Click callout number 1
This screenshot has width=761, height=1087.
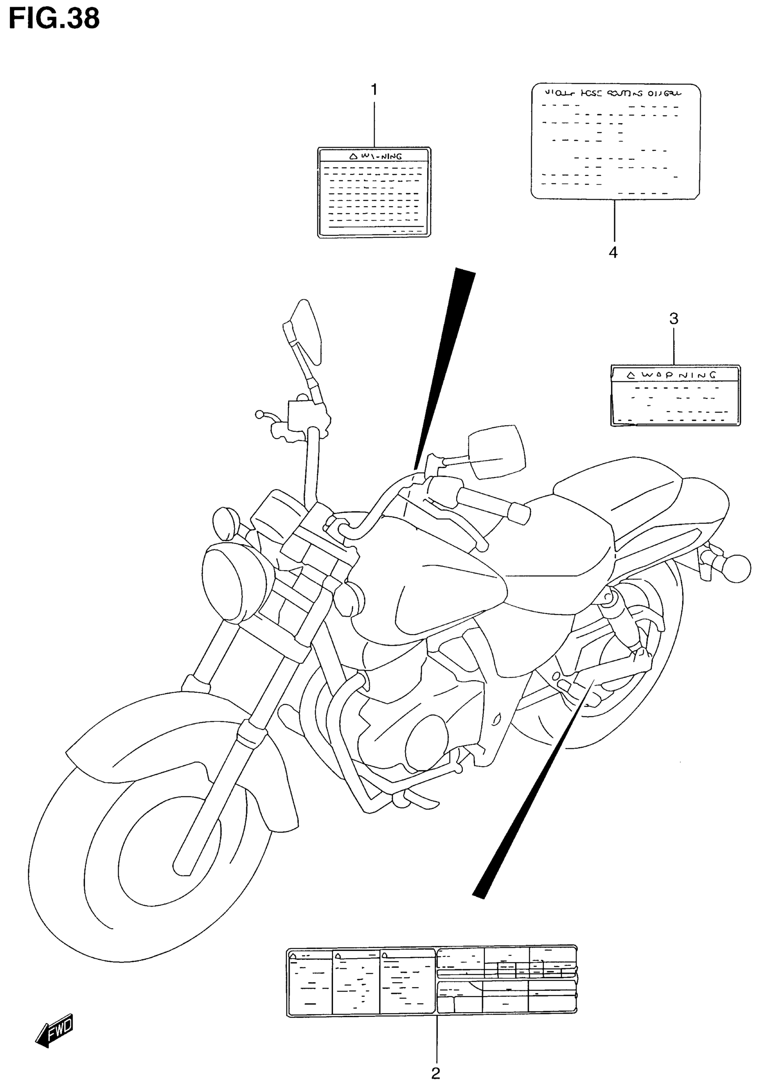[374, 90]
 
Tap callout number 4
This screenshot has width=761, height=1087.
[613, 252]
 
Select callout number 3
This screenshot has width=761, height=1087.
[673, 319]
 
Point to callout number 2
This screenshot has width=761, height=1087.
[436, 1073]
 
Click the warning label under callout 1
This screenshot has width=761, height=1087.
[374, 192]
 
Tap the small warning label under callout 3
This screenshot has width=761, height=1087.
[675, 395]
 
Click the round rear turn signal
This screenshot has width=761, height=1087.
[737, 568]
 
